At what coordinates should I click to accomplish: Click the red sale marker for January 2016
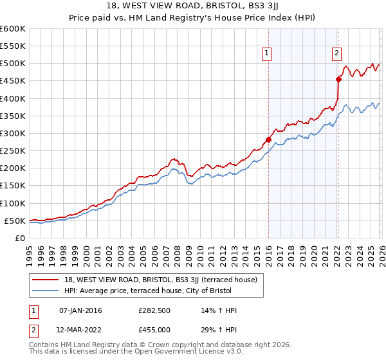coord(268,139)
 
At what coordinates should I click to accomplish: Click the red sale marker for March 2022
coord(338,80)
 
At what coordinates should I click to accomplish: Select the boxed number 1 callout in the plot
coord(266,54)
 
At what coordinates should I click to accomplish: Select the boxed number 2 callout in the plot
coord(336,54)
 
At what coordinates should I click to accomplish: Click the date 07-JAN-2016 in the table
coord(80,310)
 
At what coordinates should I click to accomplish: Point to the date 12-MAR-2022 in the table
coord(81,330)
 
